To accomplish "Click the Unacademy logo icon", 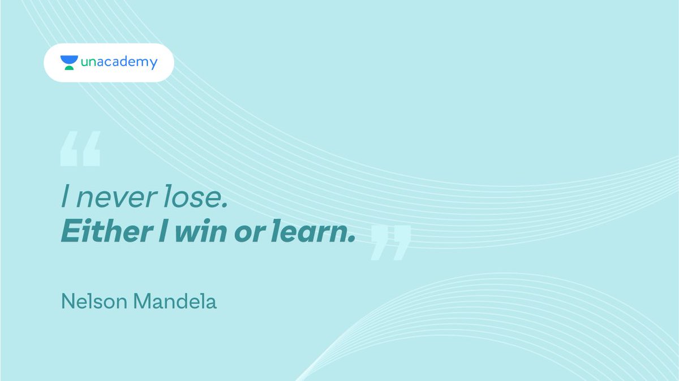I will coord(69,63).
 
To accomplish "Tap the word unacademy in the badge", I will coord(119,62).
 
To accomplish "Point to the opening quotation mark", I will coord(80,149).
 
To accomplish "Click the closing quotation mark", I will coord(390,243).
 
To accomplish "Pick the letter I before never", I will coord(66,200).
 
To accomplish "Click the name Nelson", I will coord(94,302).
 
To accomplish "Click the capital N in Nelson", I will coord(66,302).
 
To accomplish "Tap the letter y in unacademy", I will coord(152,64).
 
